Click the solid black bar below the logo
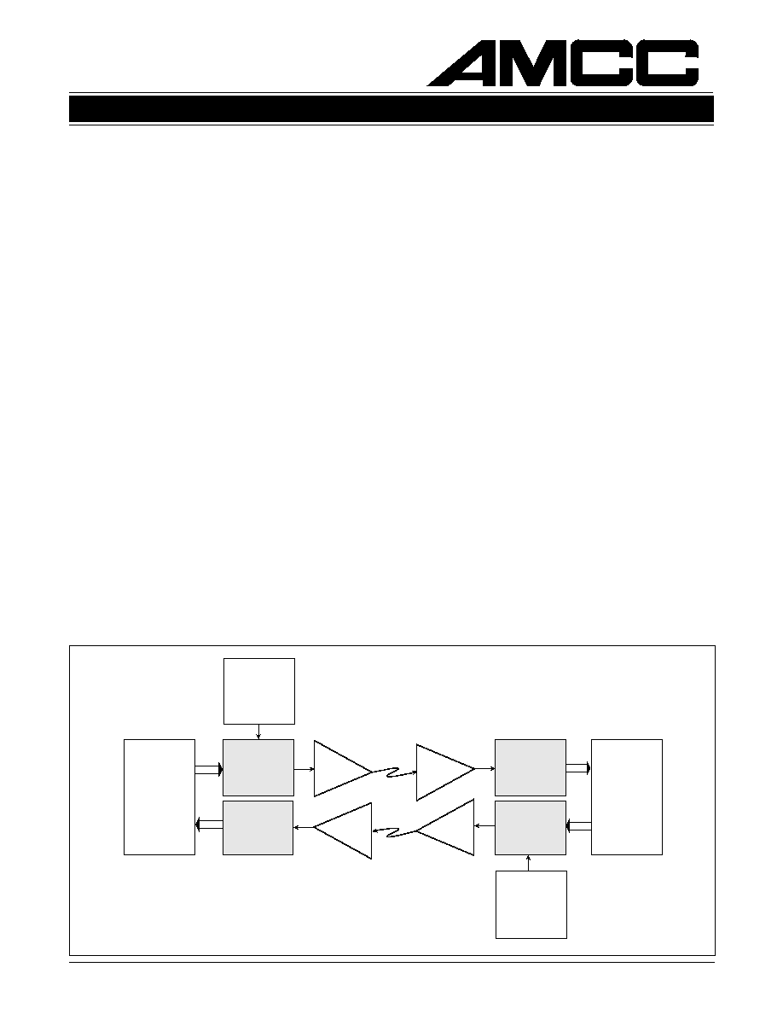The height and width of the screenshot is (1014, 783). (x=391, y=109)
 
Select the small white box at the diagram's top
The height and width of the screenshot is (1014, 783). (x=259, y=691)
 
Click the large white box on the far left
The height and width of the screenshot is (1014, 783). (x=159, y=796)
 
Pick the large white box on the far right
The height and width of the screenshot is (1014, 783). (x=627, y=796)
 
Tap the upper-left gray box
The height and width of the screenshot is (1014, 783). (x=258, y=767)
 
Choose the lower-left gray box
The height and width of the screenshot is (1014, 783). (x=258, y=828)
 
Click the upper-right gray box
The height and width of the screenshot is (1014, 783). (x=531, y=767)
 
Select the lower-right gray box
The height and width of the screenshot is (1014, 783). (x=531, y=828)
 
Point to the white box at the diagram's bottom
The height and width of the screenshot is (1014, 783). (x=531, y=904)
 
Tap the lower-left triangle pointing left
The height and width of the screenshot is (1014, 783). (x=343, y=831)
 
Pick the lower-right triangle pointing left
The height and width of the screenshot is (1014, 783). (x=446, y=827)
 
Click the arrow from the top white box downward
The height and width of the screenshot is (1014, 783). (x=258, y=731)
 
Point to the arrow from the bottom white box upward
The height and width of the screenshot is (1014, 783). (x=529, y=863)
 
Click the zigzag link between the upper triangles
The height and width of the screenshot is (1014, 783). (x=394, y=771)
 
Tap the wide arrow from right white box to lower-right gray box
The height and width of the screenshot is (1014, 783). (x=579, y=826)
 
